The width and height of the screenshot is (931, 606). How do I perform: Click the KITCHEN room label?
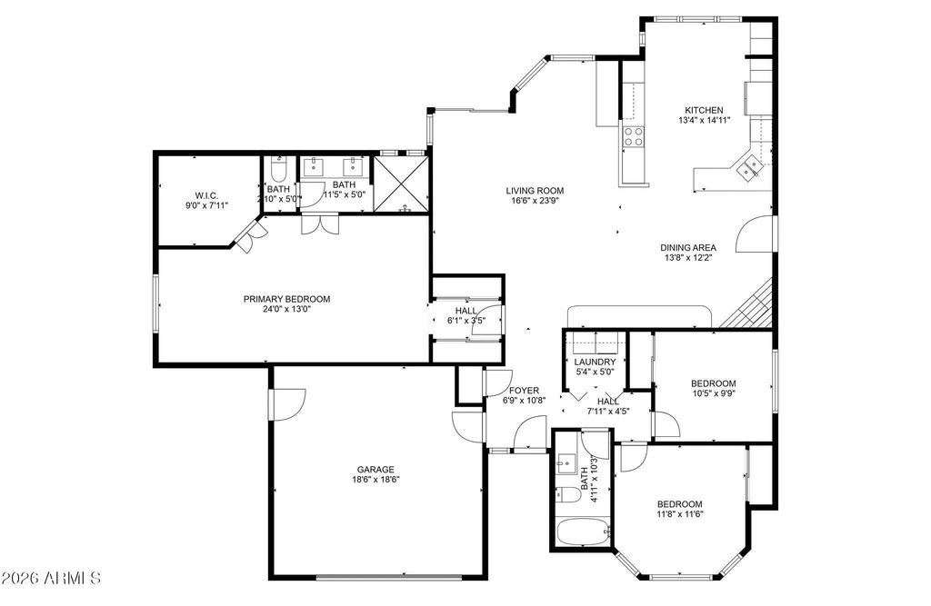[704, 111]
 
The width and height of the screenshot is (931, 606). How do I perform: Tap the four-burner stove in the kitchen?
[633, 137]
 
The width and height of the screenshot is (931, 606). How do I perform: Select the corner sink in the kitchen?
[748, 167]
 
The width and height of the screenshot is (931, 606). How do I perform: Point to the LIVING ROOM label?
[535, 191]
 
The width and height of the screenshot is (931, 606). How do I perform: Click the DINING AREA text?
[688, 247]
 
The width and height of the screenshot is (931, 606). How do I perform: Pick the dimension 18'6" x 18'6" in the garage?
[375, 480]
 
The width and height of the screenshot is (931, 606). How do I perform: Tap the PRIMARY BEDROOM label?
[286, 299]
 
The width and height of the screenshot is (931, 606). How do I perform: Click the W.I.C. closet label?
[206, 195]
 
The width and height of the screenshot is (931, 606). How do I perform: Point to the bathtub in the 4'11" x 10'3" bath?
[583, 531]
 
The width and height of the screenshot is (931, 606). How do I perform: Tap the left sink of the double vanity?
[314, 167]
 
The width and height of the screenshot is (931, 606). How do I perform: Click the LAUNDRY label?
[595, 363]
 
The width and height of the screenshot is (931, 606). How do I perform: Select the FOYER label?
[525, 391]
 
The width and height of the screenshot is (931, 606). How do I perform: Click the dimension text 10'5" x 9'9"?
[714, 392]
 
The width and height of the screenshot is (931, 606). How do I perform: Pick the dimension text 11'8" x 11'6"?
[680, 514]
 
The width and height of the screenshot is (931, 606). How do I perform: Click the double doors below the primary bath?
[320, 224]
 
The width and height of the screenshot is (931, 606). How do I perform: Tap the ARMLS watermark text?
[52, 578]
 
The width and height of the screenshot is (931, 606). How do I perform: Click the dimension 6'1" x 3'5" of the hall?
[466, 321]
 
